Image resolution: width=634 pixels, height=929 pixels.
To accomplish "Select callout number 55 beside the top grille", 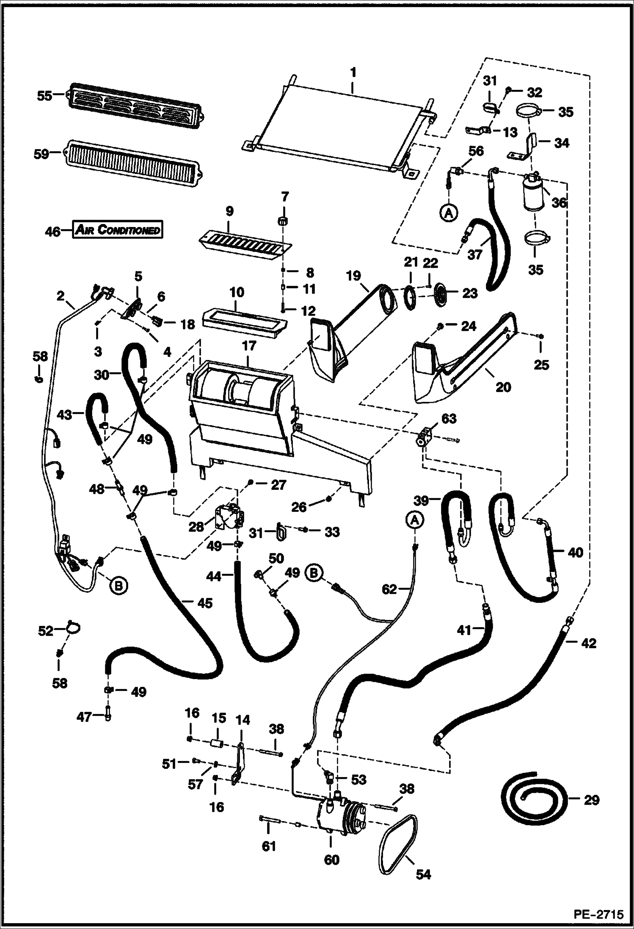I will click(44, 96).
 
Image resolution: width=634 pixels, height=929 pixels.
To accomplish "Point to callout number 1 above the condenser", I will click(353, 72).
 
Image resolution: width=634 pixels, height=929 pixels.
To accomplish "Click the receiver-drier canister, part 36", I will click(534, 193).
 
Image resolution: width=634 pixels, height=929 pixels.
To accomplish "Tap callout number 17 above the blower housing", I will click(249, 346).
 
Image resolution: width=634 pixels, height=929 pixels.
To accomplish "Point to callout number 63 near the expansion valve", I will click(449, 419).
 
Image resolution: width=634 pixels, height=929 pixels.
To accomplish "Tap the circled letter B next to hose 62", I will click(314, 573).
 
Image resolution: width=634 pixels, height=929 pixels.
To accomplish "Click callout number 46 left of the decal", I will click(52, 232).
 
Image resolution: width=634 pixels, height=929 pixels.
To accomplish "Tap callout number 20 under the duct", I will click(503, 387).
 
